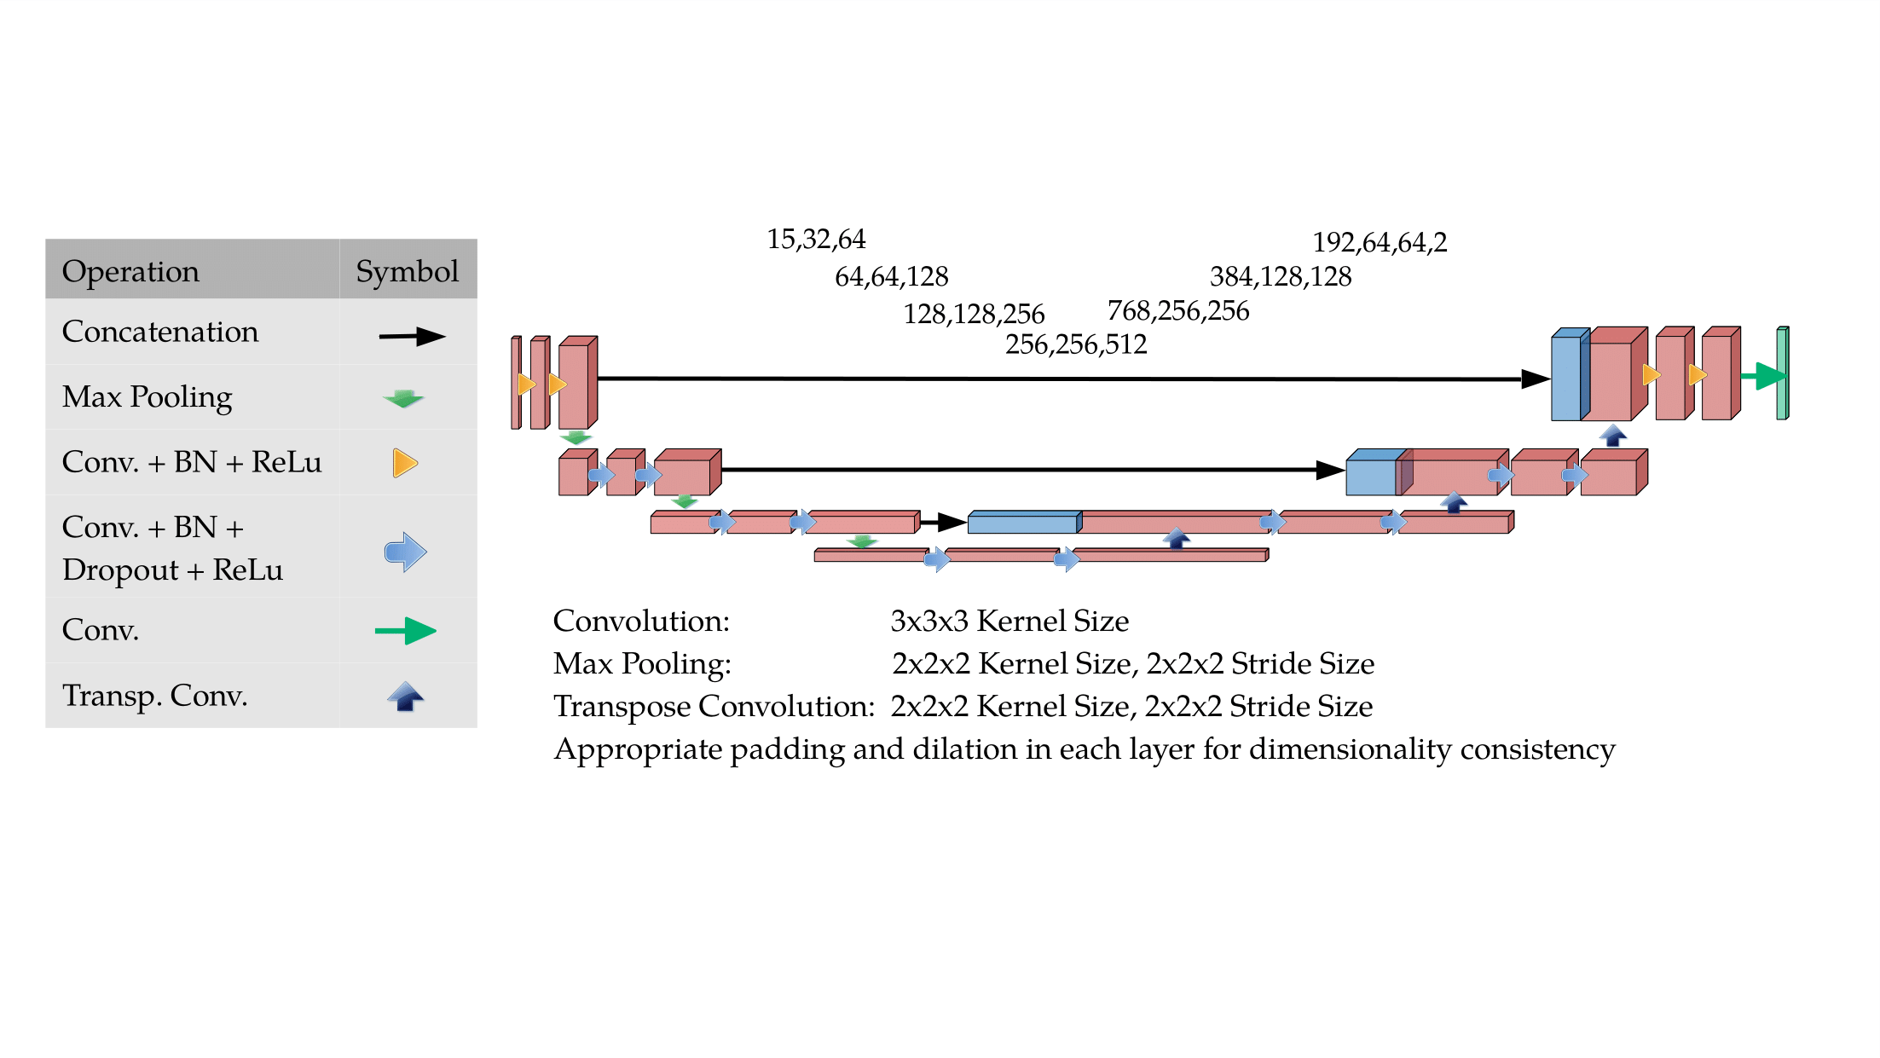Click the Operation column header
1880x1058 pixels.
(x=130, y=271)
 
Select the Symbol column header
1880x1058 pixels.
(x=407, y=271)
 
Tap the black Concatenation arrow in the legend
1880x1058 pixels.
(x=412, y=337)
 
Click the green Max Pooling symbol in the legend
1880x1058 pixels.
(x=403, y=398)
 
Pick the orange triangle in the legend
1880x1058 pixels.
(x=405, y=463)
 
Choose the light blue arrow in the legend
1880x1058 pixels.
(x=406, y=552)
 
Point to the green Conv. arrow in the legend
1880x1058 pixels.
(x=406, y=631)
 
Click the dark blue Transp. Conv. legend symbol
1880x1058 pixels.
(x=406, y=697)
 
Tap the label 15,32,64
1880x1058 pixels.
(x=816, y=240)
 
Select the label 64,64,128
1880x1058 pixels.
(x=891, y=277)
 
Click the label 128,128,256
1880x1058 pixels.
(x=974, y=315)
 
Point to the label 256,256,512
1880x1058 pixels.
(x=1076, y=344)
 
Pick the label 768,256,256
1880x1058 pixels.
(x=1178, y=311)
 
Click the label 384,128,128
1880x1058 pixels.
(x=1281, y=277)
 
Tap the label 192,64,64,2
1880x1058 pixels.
(x=1380, y=243)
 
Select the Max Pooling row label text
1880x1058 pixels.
(x=147, y=397)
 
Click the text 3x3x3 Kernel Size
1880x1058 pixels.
(x=1009, y=622)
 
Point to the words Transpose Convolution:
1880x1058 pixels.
(x=714, y=707)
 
